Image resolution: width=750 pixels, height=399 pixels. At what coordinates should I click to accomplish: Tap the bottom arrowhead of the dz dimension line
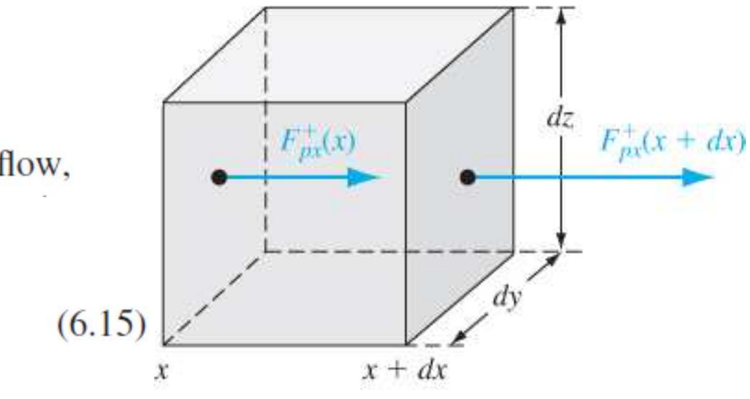pos(562,244)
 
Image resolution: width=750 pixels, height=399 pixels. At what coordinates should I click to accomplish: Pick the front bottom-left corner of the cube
pos(164,344)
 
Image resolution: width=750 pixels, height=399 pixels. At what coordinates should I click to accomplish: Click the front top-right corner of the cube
pos(406,102)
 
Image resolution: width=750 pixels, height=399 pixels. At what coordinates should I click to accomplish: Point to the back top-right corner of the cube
pos(513,8)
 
